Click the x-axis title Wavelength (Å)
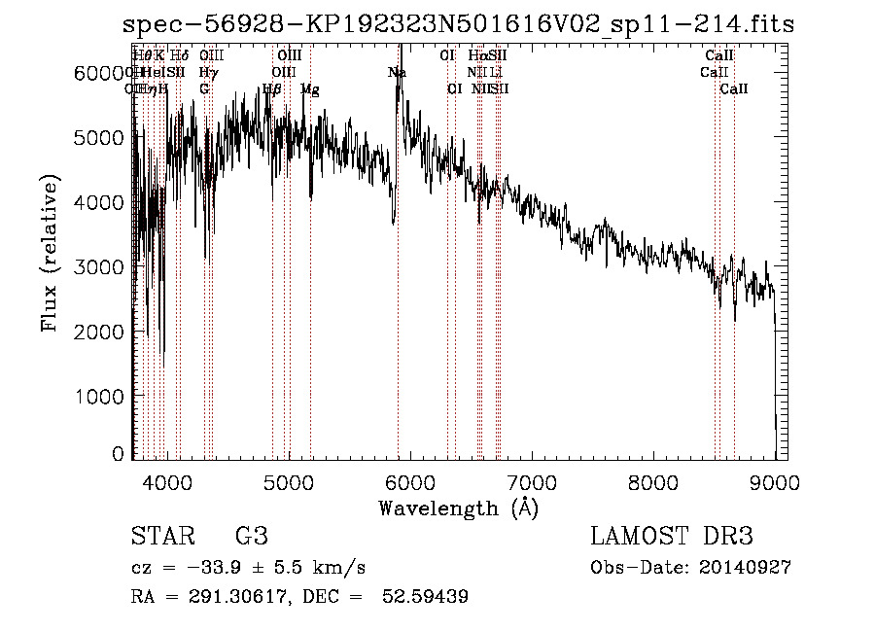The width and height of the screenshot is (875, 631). tap(458, 508)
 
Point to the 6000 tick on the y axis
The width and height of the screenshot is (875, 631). tap(97, 73)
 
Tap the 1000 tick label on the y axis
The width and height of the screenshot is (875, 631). tap(97, 397)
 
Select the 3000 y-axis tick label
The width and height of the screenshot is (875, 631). tap(97, 266)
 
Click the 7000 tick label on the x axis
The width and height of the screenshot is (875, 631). tap(532, 481)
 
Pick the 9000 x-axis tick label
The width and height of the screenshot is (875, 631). tap(775, 481)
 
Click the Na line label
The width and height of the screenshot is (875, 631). tap(397, 73)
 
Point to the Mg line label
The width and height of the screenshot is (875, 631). tap(310, 89)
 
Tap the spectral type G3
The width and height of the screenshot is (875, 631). tap(251, 537)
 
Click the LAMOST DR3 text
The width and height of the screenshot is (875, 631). tap(671, 537)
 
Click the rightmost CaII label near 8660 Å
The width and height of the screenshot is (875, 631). tap(734, 89)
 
